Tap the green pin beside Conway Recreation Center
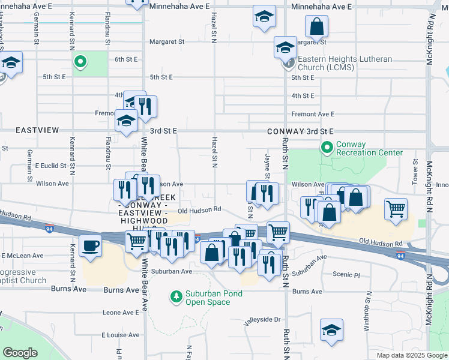point(327,147)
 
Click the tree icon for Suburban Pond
point(176,296)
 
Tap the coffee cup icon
point(91,247)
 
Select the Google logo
point(20,353)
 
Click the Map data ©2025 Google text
point(411,355)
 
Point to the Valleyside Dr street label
point(262,320)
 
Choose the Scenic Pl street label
point(346,274)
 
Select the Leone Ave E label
point(121,313)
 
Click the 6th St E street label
point(127,59)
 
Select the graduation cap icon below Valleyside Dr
point(331,331)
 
